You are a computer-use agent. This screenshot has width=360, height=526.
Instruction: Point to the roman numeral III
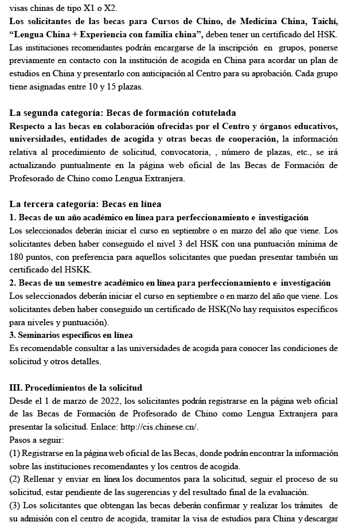point(16,388)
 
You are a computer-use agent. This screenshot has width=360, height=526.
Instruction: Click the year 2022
point(107,400)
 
